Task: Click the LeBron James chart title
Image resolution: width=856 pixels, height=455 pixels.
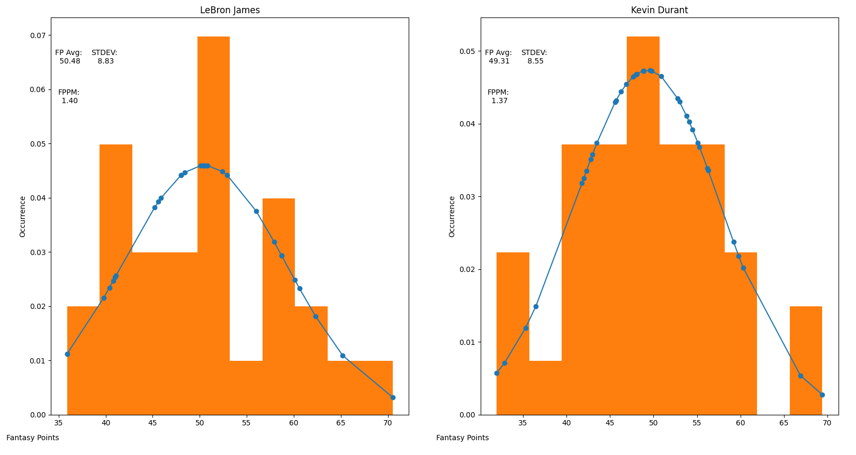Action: coord(230,10)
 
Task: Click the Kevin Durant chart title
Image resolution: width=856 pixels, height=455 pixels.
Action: coord(659,10)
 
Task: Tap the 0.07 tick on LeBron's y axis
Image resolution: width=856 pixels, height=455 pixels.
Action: coord(37,35)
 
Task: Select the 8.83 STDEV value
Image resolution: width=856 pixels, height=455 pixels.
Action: coord(105,61)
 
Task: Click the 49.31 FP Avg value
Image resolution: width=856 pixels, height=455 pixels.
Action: coord(499,61)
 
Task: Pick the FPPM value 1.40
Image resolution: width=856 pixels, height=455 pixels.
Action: coord(69,101)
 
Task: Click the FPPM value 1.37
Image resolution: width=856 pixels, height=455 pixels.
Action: coord(499,101)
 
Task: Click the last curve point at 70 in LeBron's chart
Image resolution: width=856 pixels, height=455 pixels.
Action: coord(393,397)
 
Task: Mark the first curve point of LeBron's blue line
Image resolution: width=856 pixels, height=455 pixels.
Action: coord(67,354)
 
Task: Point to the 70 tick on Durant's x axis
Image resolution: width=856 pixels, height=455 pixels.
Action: coord(827,423)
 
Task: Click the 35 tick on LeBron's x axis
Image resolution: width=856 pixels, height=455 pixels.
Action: coord(59,423)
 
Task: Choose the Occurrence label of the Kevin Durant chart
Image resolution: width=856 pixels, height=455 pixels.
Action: coord(452,216)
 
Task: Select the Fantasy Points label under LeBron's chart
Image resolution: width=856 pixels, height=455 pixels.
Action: coord(33,438)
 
